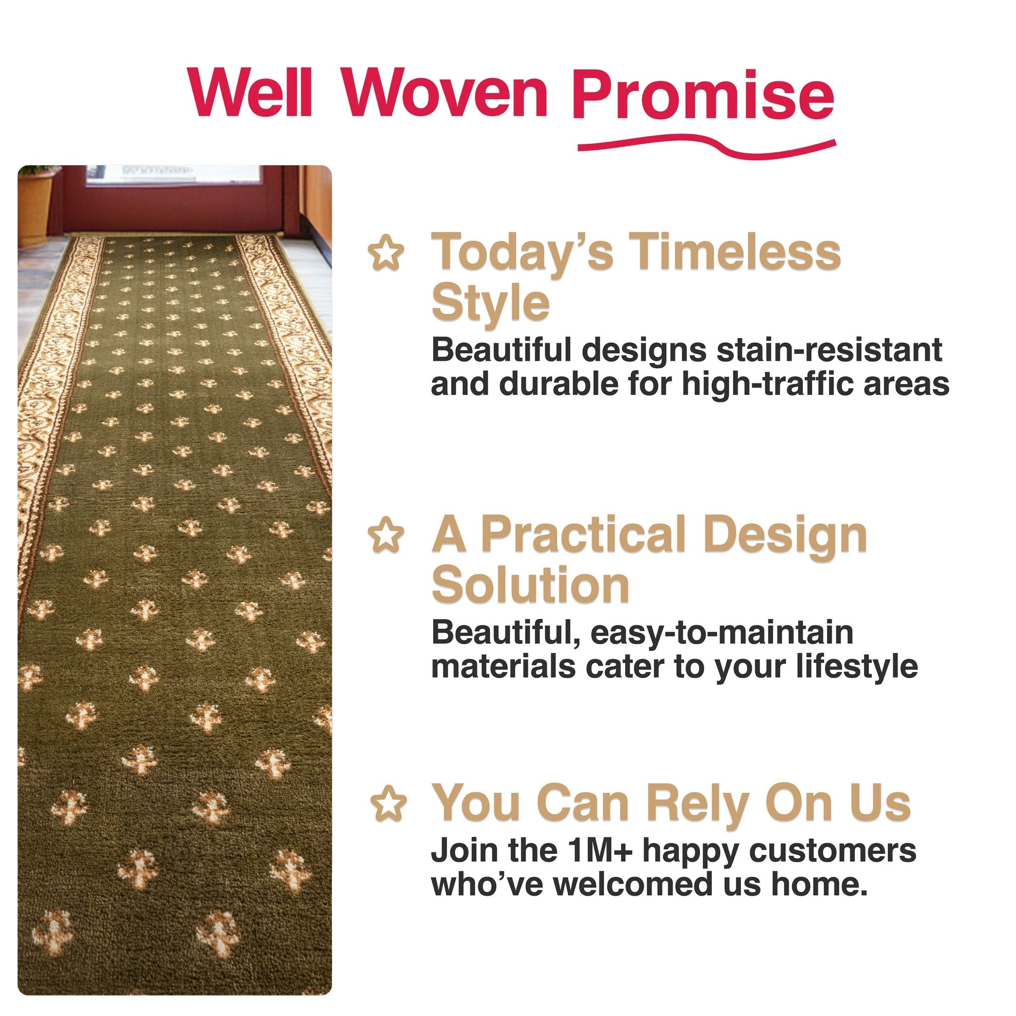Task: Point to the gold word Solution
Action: click(x=530, y=585)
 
